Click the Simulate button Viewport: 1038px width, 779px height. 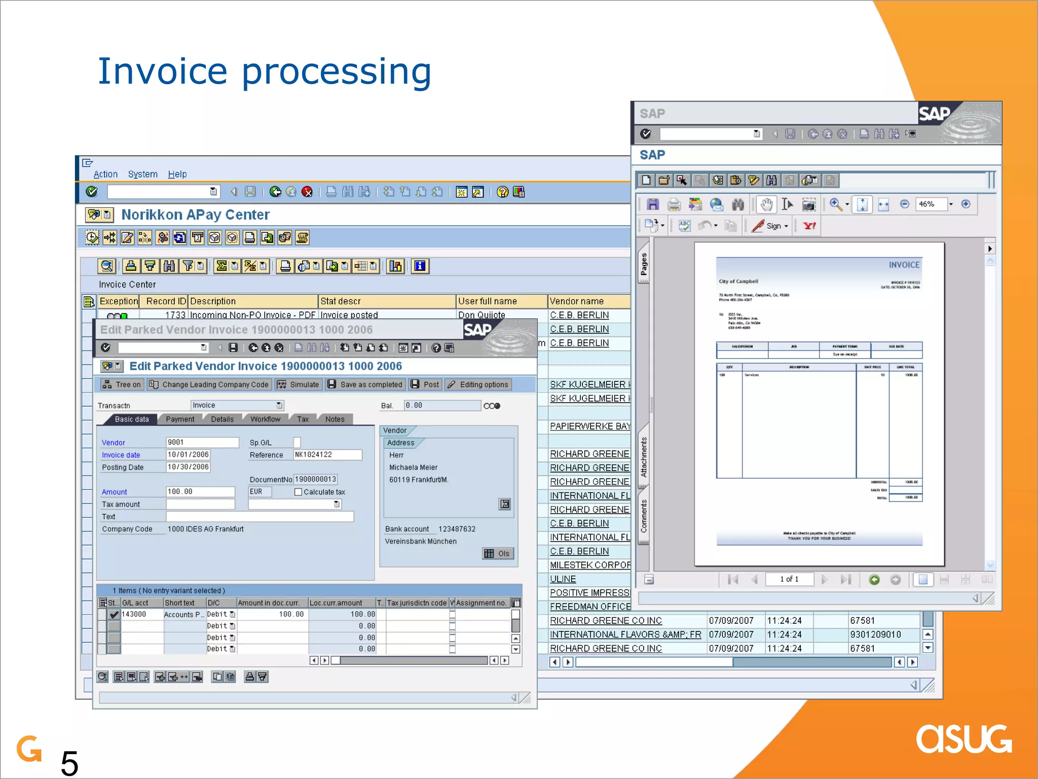pyautogui.click(x=299, y=384)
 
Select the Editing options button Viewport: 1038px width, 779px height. pyautogui.click(x=478, y=384)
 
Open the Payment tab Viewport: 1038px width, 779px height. pyautogui.click(x=180, y=419)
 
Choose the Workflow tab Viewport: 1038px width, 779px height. pyautogui.click(x=265, y=419)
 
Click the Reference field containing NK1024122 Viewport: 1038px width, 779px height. pyautogui.click(x=327, y=455)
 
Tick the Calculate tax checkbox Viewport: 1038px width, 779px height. pyautogui.click(x=299, y=492)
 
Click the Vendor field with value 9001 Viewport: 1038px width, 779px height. pyautogui.click(x=202, y=442)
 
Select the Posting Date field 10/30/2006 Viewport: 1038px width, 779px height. pyautogui.click(x=188, y=467)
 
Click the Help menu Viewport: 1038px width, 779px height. pyautogui.click(x=177, y=174)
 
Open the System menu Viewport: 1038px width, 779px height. pyautogui.click(x=142, y=174)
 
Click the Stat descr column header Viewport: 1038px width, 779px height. pyautogui.click(x=387, y=301)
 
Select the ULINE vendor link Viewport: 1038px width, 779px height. pyautogui.click(x=563, y=579)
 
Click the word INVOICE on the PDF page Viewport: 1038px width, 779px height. pyautogui.click(x=904, y=265)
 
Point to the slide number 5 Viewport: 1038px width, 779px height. pyautogui.click(x=69, y=763)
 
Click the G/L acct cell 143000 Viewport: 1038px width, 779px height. pyautogui.click(x=134, y=614)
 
